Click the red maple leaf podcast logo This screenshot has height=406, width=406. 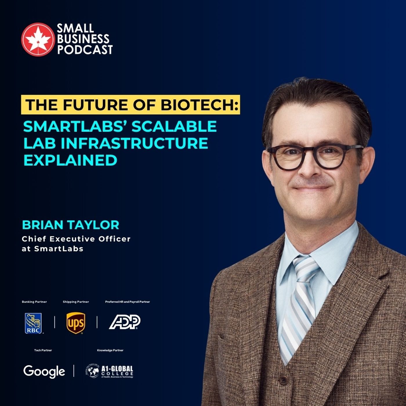38,39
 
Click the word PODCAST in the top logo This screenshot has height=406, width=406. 85,50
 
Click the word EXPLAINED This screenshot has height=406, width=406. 70,160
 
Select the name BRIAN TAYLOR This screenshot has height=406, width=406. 70,225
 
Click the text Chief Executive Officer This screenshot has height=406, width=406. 76,239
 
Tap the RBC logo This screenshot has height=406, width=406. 33,323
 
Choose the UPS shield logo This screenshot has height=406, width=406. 76,323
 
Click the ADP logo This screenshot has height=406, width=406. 125,322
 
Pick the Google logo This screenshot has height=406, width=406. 44,371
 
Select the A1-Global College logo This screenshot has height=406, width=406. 110,371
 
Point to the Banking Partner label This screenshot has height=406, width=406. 34,302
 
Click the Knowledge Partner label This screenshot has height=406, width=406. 110,350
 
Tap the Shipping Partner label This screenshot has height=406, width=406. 76,302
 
